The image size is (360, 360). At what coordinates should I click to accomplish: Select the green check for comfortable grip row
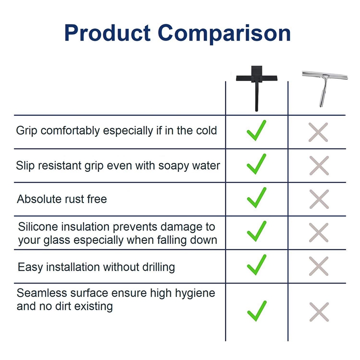pos(256,130)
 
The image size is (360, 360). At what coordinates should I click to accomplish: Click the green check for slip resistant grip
pos(256,164)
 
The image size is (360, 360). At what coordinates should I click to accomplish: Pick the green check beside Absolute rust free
pos(256,198)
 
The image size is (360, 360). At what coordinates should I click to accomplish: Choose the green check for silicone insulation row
pos(256,232)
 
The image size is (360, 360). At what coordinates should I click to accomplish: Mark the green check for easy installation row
pos(256,265)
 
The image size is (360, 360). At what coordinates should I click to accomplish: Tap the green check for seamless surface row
pos(256,310)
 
